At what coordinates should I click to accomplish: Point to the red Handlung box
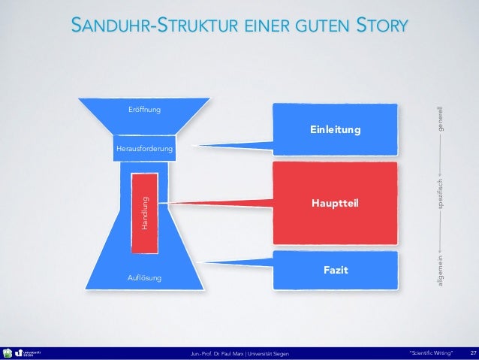144,211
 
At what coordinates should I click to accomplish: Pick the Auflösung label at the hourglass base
145,278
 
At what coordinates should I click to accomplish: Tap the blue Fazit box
334,270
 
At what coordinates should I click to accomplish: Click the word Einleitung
335,131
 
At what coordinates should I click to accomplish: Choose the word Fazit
335,270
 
